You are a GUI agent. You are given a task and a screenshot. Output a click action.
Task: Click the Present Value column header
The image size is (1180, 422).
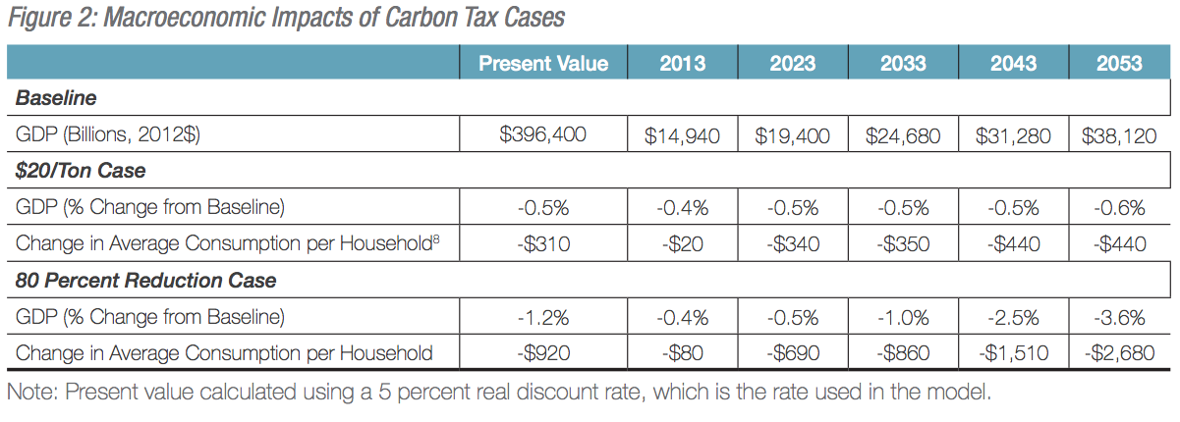pyautogui.click(x=543, y=64)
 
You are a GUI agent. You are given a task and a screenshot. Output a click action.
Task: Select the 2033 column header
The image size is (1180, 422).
pyautogui.click(x=903, y=64)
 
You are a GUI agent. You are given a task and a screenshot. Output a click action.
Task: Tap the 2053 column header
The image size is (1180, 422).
pyautogui.click(x=1119, y=64)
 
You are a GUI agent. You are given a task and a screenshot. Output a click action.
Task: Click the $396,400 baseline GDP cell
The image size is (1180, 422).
pyautogui.click(x=543, y=134)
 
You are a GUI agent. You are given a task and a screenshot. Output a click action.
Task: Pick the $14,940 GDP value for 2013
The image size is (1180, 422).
pyautogui.click(x=683, y=135)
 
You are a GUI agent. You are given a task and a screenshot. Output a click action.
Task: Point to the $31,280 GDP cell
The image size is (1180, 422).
pyautogui.click(x=1013, y=135)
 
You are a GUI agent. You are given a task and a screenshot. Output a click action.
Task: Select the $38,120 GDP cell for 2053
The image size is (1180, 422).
pyautogui.click(x=1119, y=135)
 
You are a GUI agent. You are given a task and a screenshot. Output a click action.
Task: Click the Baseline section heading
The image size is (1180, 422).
pyautogui.click(x=55, y=99)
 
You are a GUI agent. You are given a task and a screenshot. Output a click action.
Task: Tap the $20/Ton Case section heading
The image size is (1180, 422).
pyautogui.click(x=81, y=171)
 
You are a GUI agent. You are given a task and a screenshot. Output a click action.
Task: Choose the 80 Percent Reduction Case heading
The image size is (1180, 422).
pyautogui.click(x=145, y=281)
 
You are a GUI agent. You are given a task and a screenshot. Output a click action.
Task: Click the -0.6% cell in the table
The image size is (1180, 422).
pyautogui.click(x=1119, y=207)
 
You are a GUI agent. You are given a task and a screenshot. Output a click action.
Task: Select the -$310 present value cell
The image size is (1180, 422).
pyautogui.click(x=543, y=243)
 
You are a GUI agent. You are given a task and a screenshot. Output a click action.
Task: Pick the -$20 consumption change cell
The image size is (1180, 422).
pyautogui.click(x=683, y=243)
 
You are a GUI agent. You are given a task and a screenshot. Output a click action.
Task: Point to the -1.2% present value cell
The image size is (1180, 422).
pyautogui.click(x=543, y=316)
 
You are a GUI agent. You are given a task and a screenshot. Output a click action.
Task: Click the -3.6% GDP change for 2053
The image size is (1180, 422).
pyautogui.click(x=1119, y=316)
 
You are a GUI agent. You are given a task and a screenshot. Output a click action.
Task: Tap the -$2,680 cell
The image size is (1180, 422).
pyautogui.click(x=1119, y=352)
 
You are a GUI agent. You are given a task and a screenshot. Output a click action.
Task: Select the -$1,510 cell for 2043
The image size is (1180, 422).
pyautogui.click(x=1013, y=352)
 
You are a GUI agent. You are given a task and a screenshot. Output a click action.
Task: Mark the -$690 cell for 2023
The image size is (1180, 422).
pyautogui.click(x=793, y=352)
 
